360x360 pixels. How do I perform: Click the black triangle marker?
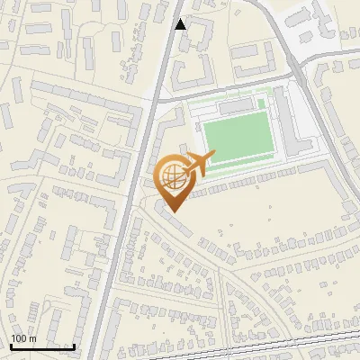click(181, 23)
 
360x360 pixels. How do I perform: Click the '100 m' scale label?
click(23, 338)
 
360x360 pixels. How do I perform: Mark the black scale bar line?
click(42, 346)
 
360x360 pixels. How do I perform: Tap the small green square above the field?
click(261, 103)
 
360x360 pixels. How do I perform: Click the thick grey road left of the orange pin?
click(135, 180)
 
